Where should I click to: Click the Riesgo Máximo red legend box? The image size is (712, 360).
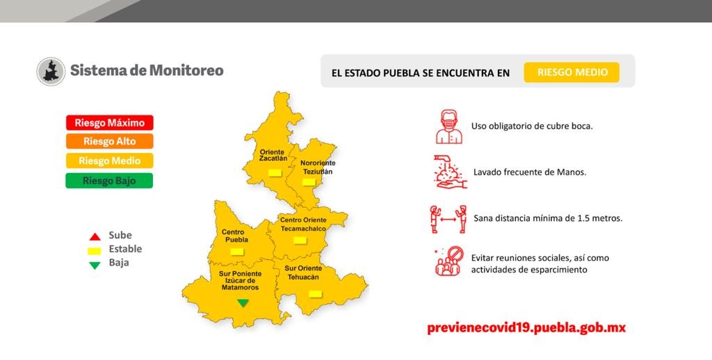pos(109,122)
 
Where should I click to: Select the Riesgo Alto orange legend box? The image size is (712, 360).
pos(109,141)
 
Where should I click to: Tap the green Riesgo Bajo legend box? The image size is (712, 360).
pos(109,181)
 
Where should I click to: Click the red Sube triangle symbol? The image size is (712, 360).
pos(95,236)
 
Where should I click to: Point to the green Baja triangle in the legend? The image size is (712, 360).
pos(95,265)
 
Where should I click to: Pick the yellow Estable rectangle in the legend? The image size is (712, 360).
pos(95,251)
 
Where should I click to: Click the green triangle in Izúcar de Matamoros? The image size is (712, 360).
pos(243,303)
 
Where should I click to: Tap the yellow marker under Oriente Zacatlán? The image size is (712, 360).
pos(275,172)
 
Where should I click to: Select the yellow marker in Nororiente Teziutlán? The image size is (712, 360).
pos(309,182)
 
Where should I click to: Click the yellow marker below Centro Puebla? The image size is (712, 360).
pos(237,252)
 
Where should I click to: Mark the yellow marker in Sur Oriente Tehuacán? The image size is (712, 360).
pos(315,294)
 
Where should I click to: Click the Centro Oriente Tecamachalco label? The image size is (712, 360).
pos(303,224)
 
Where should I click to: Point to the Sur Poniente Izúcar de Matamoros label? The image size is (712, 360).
pos(240,281)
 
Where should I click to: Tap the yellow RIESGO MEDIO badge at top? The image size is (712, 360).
pos(572,72)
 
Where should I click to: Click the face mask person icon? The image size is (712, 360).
pos(449,126)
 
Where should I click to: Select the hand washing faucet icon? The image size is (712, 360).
pos(450,172)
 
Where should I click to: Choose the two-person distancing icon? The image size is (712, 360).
pos(448,220)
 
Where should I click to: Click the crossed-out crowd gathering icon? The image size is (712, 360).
pos(449,261)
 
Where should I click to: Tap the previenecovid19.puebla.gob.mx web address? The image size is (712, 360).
pos(526,328)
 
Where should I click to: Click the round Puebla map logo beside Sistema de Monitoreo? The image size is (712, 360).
pos(51,72)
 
